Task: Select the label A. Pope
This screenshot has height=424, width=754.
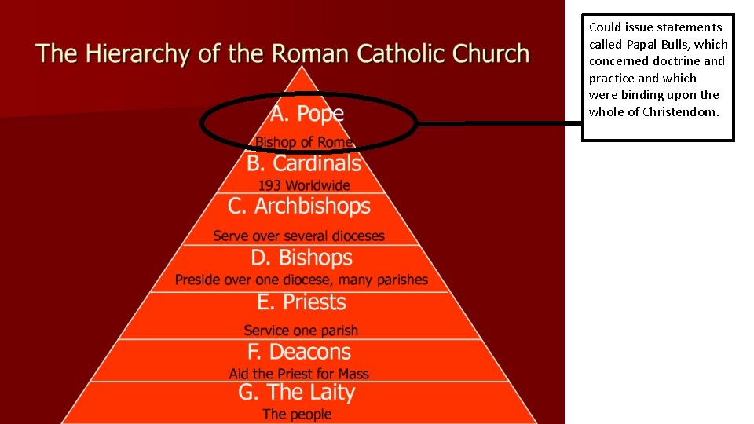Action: pyautogui.click(x=307, y=114)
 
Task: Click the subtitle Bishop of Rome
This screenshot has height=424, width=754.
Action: pyautogui.click(x=304, y=142)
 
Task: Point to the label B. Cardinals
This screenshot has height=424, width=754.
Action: pyautogui.click(x=304, y=163)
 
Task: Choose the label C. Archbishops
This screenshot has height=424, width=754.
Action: pyautogui.click(x=299, y=207)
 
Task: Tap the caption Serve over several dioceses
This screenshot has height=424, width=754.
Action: pyautogui.click(x=299, y=236)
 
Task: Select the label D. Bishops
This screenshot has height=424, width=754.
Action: pyautogui.click(x=302, y=258)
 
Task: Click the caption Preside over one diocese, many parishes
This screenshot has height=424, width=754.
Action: pyautogui.click(x=302, y=280)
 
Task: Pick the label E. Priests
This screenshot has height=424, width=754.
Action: pyautogui.click(x=302, y=302)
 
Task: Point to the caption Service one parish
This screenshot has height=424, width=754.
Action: pyautogui.click(x=301, y=331)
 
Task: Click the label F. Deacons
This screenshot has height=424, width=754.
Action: pyautogui.click(x=299, y=352)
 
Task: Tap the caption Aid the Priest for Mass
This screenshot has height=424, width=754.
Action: pyautogui.click(x=299, y=374)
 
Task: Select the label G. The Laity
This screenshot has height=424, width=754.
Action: pyautogui.click(x=297, y=393)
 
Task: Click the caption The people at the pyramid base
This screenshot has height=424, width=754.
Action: pyautogui.click(x=297, y=414)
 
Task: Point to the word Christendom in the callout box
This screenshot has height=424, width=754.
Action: pyautogui.click(x=680, y=111)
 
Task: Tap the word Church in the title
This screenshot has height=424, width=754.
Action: pyautogui.click(x=492, y=54)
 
